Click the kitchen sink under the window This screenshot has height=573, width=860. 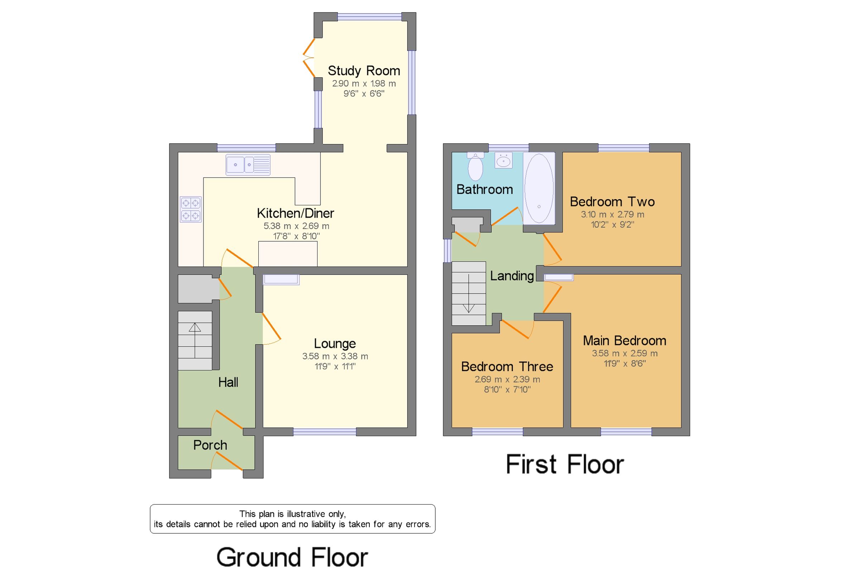point(248,165)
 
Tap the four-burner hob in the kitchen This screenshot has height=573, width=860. point(190,209)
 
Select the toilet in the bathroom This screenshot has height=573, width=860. point(475,167)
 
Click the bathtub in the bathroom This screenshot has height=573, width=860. point(539,188)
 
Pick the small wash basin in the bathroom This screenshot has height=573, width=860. point(503,161)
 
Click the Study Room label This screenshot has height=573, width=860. point(363,71)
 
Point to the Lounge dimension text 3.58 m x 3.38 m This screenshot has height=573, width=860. point(335,356)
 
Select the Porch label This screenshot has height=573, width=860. point(210,445)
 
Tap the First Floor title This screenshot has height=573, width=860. point(564,464)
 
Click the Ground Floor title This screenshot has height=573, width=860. point(292,557)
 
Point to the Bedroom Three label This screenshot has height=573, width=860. point(507,367)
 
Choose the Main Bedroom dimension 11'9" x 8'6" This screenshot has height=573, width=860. point(624,363)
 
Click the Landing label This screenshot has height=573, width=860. point(511,276)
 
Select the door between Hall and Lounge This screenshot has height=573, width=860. point(271,328)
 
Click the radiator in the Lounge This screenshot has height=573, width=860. point(281,280)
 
